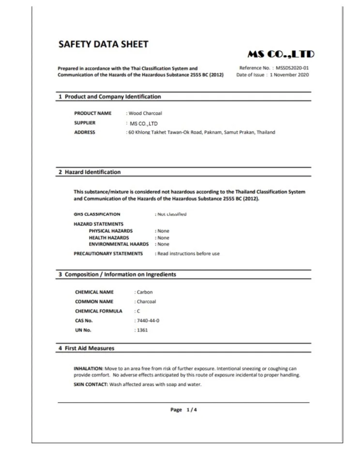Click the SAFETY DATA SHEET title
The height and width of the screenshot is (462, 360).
click(x=103, y=45)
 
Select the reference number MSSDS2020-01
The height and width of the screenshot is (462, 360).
click(x=292, y=68)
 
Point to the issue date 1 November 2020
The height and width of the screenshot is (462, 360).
click(x=289, y=75)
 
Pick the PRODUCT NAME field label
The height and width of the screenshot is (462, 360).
click(x=93, y=113)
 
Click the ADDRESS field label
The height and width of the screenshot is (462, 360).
click(x=85, y=132)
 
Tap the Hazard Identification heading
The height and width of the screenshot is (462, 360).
click(x=93, y=172)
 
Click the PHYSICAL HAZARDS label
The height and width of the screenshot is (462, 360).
click(x=111, y=231)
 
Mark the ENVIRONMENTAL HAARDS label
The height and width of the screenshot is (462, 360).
click(x=119, y=244)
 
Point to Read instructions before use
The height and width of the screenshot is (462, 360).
click(x=188, y=253)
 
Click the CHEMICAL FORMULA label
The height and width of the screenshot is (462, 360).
click(x=99, y=311)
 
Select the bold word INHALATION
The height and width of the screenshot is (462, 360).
click(x=88, y=369)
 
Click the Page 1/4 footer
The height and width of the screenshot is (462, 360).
click(x=184, y=410)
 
